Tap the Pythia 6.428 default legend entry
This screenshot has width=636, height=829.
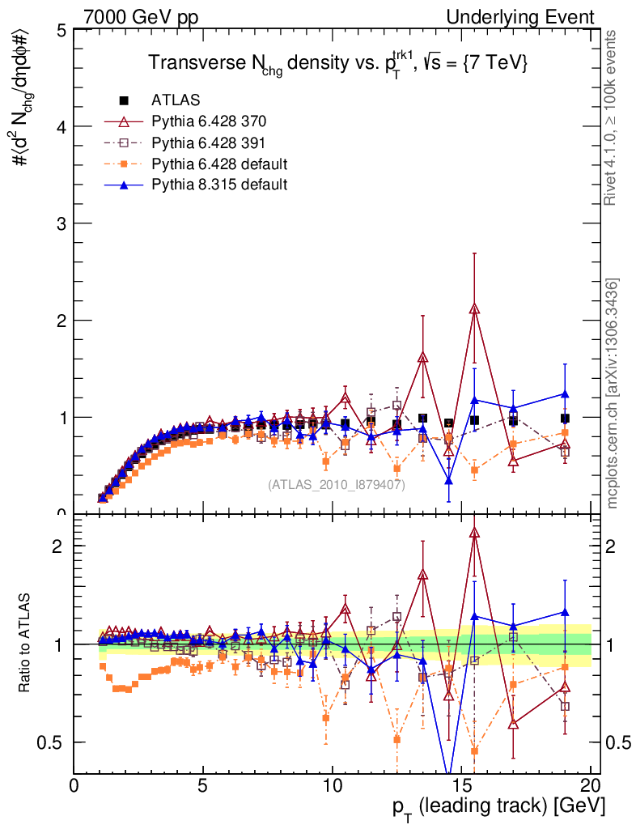pyautogui.click(x=219, y=164)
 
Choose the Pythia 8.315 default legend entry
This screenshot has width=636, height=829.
pyautogui.click(x=219, y=185)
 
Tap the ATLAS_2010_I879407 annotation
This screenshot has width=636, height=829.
pyautogui.click(x=337, y=484)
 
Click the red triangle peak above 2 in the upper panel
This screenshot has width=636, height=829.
pyautogui.click(x=475, y=308)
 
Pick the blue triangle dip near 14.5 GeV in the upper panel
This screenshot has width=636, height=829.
pyautogui.click(x=449, y=480)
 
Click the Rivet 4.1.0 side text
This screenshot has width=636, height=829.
pyautogui.click(x=614, y=118)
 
